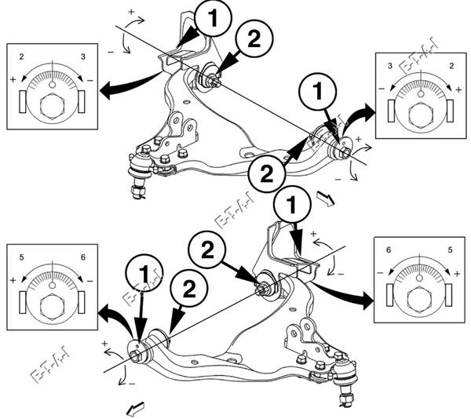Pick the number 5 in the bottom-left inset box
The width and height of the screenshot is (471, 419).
tap(23, 257)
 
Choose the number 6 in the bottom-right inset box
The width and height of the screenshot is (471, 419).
tap(389, 250)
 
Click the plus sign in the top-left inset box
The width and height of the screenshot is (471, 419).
tap(13, 81)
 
